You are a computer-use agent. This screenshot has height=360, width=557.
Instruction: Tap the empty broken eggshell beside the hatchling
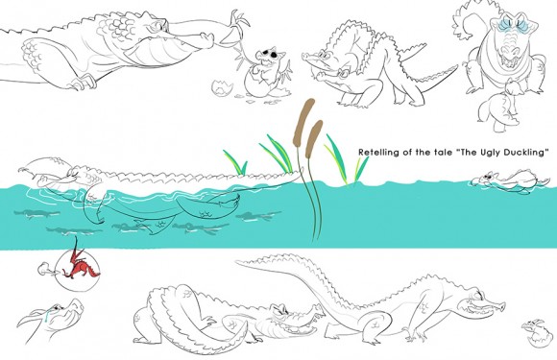tap(223, 87)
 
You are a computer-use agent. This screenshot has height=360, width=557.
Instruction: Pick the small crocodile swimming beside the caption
tap(509, 181)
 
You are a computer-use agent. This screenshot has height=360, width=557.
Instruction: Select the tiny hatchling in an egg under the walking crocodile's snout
tap(538, 333)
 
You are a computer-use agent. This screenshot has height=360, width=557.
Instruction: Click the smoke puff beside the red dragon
tap(45, 269)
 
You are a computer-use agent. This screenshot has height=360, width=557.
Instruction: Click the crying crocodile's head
tap(52, 317)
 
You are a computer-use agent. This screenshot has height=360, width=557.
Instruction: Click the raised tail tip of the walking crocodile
tap(240, 262)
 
